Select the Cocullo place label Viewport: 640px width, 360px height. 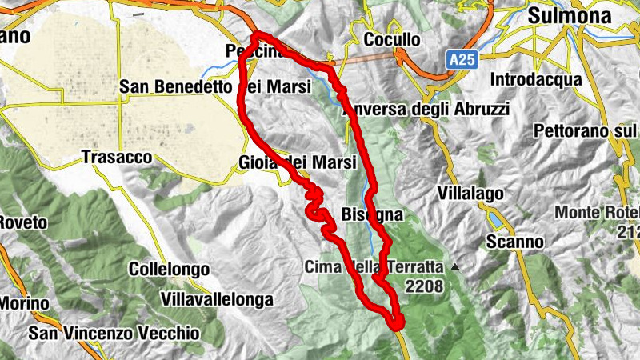(x=391, y=39)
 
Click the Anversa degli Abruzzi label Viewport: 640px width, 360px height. (x=425, y=109)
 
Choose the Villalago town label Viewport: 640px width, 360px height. (x=470, y=193)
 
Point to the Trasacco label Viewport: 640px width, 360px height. (x=117, y=158)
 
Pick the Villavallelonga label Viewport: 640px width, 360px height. (x=217, y=299)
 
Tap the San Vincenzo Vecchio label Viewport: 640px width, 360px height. (x=114, y=331)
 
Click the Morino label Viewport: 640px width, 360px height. (x=24, y=303)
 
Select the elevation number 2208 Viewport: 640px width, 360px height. (x=424, y=284)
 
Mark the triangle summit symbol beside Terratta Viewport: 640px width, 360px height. (x=455, y=266)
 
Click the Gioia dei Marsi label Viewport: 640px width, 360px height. (x=297, y=162)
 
